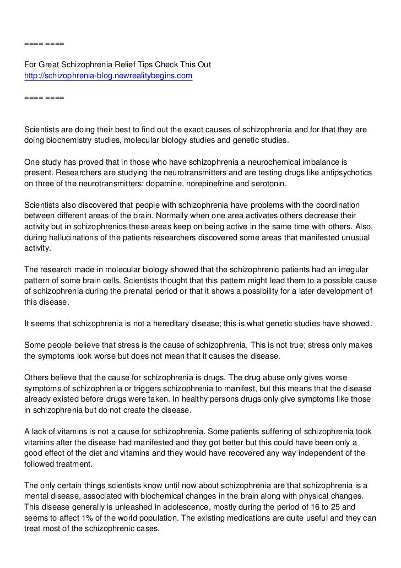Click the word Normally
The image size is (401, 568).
pos(165,215)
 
